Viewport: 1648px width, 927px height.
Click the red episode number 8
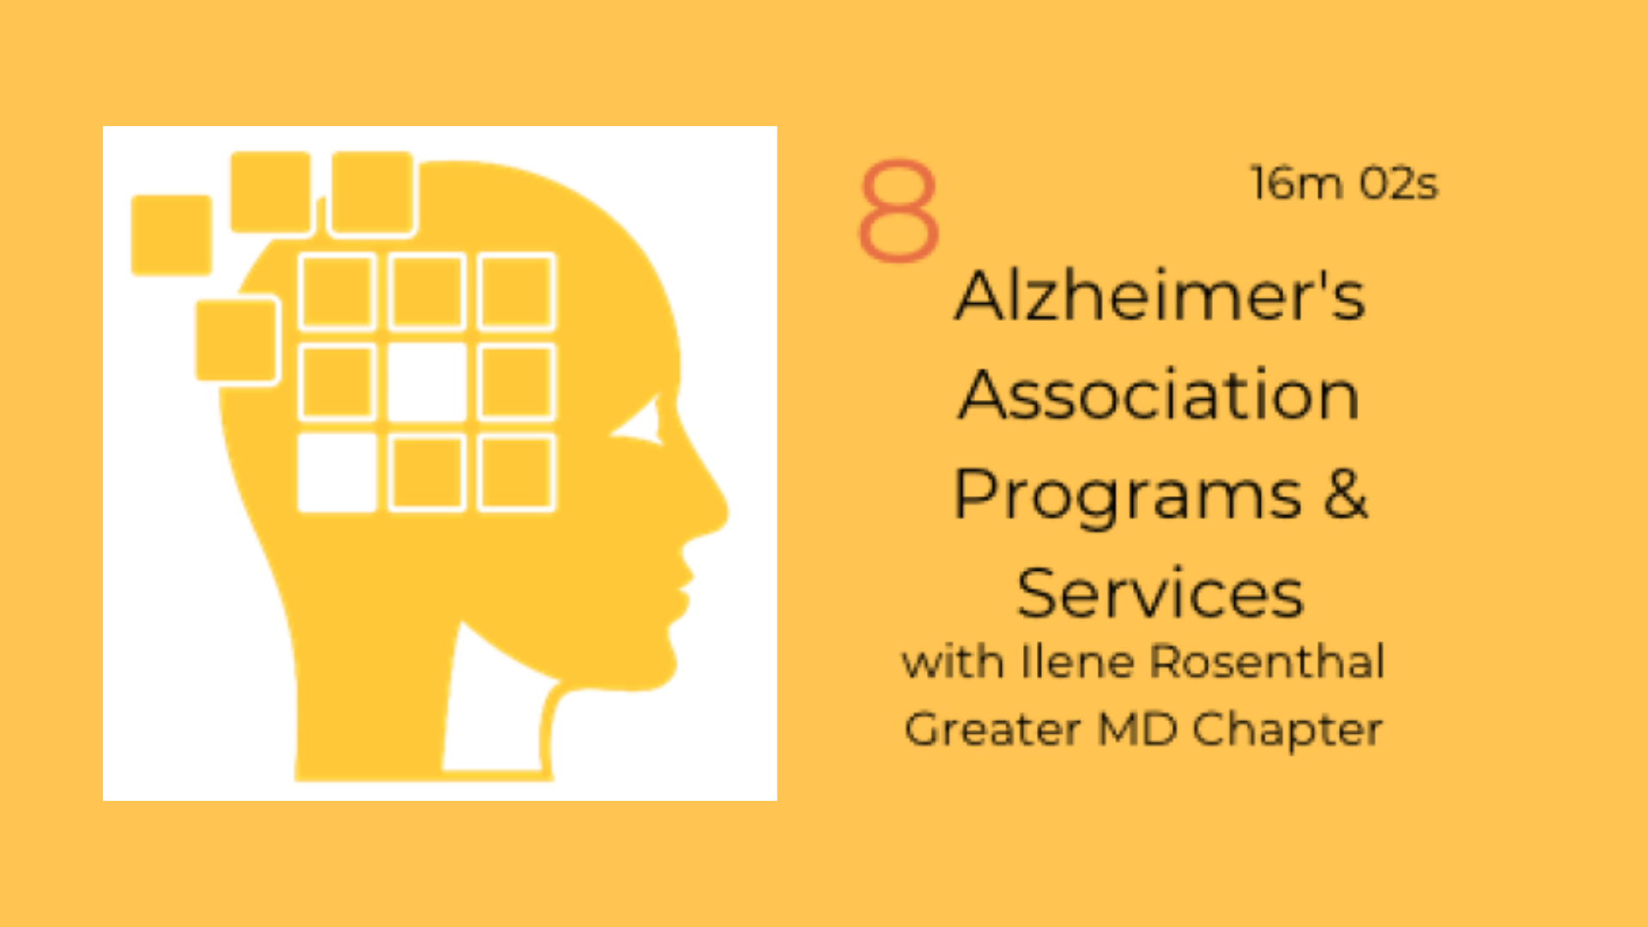(x=899, y=210)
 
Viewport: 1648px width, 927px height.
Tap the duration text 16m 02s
(x=1343, y=184)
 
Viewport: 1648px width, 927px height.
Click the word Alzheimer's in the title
(x=1160, y=295)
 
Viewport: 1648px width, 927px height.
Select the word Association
(x=1160, y=394)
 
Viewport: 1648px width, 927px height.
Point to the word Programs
(x=1128, y=496)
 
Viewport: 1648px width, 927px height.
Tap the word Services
(x=1160, y=593)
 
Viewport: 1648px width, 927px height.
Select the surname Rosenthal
(x=1267, y=662)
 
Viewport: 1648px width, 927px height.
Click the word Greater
(x=992, y=730)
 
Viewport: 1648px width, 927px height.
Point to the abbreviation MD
(x=1137, y=730)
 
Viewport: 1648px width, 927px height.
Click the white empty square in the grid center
(x=427, y=382)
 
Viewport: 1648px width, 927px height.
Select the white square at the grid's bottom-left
(x=336, y=473)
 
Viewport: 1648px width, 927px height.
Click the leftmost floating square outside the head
(x=172, y=235)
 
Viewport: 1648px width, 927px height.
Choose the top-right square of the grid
(x=516, y=292)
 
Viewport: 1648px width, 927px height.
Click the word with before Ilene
(x=953, y=662)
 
